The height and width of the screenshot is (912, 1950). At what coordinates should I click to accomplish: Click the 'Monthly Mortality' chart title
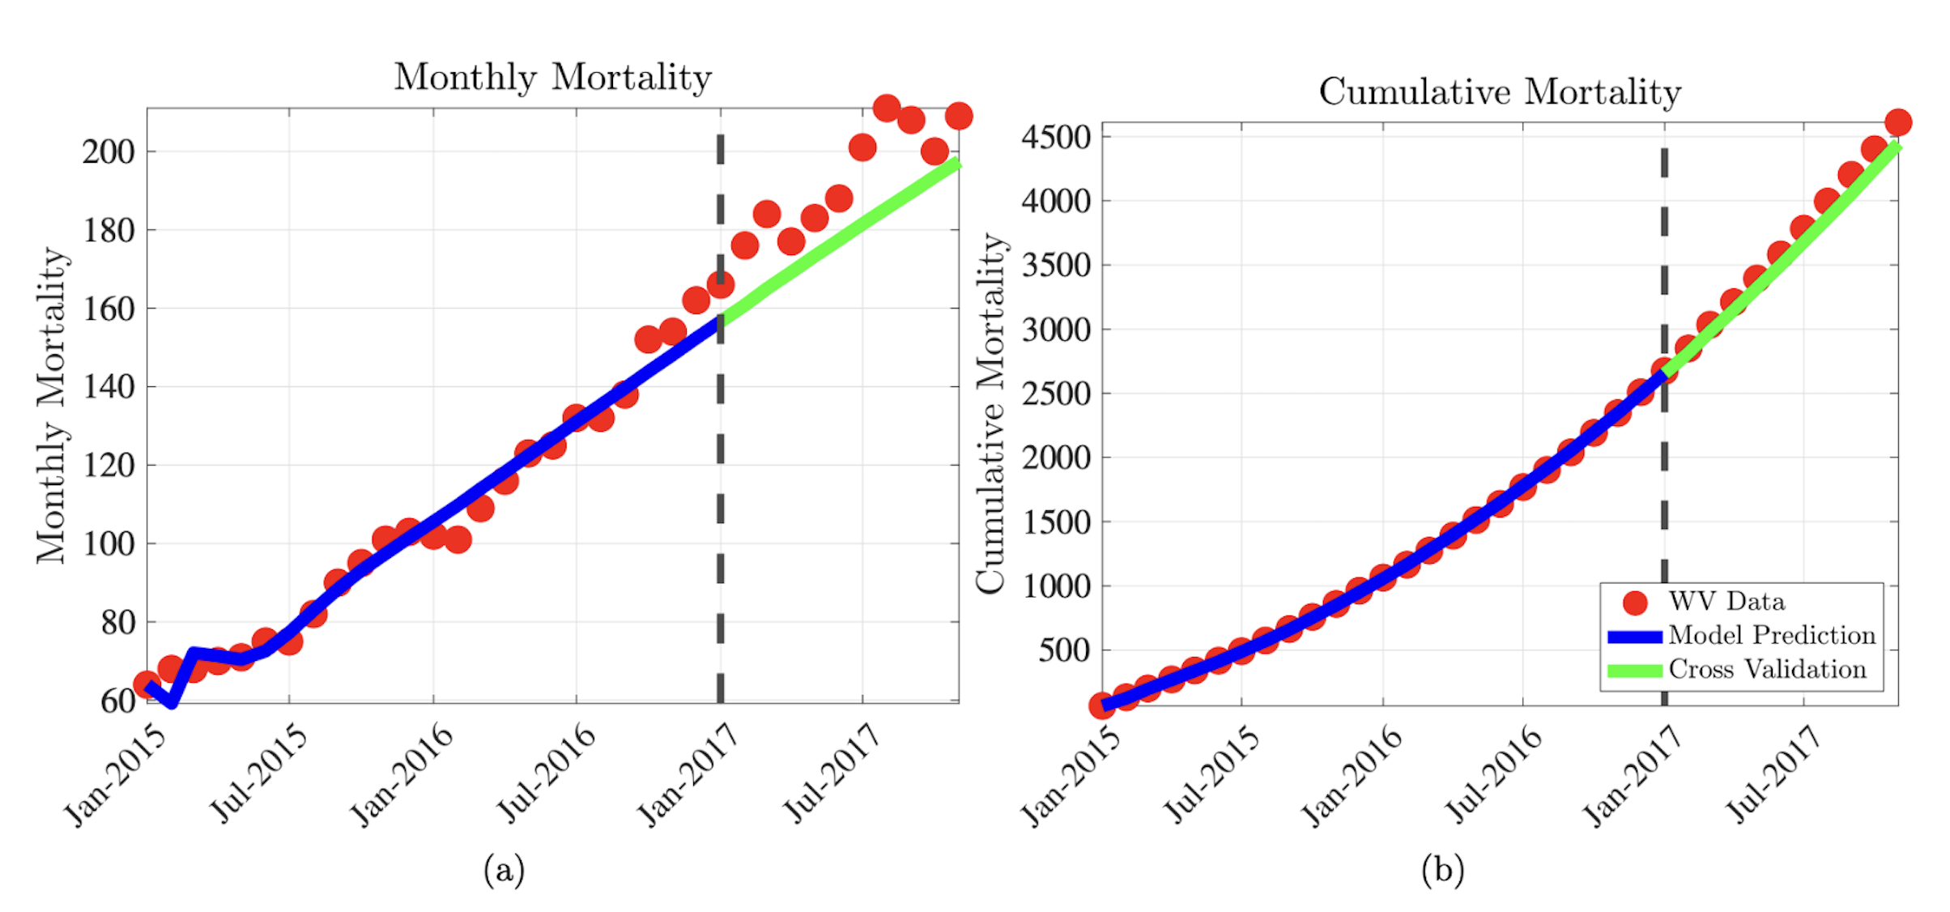coord(553,78)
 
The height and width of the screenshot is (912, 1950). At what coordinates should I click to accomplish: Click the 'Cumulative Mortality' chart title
coord(1500,92)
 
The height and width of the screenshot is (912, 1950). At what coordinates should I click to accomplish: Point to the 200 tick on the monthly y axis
coord(109,151)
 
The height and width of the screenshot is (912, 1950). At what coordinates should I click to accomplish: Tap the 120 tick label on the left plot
coord(109,466)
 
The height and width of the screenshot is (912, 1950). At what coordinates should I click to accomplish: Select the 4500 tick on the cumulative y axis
coord(1056,137)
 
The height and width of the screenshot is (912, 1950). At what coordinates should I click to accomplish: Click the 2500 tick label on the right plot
coord(1056,394)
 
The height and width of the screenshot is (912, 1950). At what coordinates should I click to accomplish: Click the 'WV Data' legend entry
coord(1725,602)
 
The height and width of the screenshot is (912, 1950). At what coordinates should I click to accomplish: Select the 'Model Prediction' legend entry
coord(1770,636)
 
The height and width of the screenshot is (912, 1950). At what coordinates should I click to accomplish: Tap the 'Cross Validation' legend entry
coord(1766,670)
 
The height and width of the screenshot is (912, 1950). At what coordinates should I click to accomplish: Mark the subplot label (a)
coord(504,871)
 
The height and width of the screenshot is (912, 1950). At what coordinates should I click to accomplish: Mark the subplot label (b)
coord(1442,871)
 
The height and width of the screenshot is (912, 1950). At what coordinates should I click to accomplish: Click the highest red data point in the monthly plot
coord(887,108)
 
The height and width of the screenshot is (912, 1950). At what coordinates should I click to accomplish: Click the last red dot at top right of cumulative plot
coord(1898,123)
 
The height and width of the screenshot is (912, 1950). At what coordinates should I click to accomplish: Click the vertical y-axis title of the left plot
coord(52,405)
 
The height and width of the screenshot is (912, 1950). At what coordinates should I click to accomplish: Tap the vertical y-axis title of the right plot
coord(990,413)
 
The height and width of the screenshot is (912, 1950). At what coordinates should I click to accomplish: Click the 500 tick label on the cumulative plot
coord(1064,650)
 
